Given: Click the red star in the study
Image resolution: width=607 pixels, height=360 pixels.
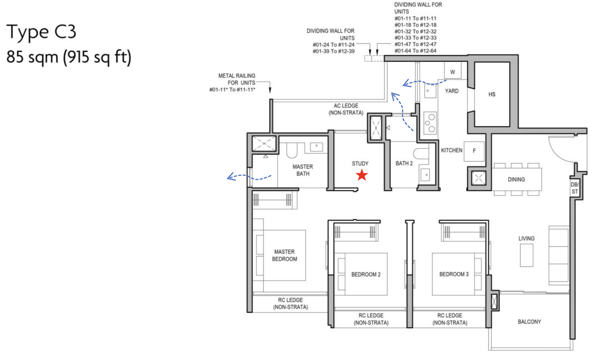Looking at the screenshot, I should point(362,175).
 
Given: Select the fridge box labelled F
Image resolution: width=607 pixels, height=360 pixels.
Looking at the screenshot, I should point(474,151).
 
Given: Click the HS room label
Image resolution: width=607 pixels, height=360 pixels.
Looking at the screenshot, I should point(492,94).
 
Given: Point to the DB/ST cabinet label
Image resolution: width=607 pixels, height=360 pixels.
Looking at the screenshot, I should point(574,188).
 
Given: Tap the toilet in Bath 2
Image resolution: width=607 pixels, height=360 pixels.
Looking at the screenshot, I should point(420,153).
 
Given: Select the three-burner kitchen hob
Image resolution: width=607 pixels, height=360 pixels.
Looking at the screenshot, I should point(430,123).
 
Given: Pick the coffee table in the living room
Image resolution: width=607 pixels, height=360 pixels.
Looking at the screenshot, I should point(526,255).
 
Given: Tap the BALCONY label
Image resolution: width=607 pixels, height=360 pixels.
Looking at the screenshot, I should point(529,322).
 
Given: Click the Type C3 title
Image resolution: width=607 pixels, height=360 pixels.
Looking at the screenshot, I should point(41,32).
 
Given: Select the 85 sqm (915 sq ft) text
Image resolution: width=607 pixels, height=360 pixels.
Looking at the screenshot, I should point(69,57).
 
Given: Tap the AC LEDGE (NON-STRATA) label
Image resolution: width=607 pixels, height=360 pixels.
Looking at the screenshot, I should point(346,109).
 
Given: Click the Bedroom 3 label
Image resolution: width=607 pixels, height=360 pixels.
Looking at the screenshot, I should point(454,274).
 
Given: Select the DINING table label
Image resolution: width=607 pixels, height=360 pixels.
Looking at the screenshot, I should point(516,180).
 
